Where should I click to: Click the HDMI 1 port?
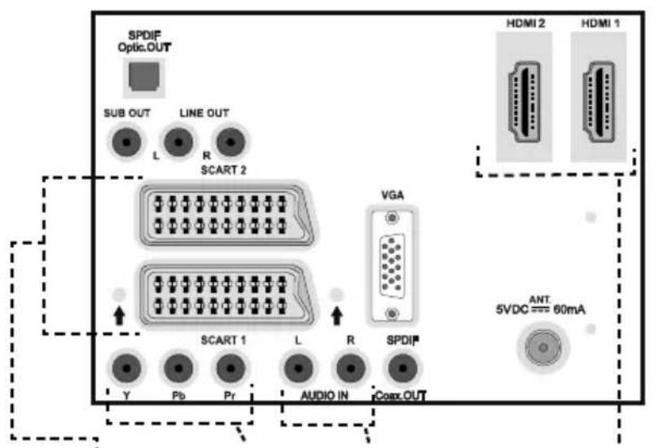[599, 102]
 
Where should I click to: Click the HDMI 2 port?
[525, 102]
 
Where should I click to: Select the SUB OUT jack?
[126, 143]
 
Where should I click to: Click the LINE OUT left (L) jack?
[178, 143]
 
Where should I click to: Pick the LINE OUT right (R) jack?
[231, 143]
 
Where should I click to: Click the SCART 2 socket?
[226, 214]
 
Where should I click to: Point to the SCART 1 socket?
[226, 295]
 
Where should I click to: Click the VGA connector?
[392, 266]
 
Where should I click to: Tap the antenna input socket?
[543, 348]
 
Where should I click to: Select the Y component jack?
[126, 368]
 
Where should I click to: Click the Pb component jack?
[178, 368]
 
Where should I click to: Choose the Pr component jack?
[231, 368]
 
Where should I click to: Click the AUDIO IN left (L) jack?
[299, 368]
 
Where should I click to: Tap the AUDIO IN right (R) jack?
[350, 368]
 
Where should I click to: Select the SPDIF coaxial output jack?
[402, 368]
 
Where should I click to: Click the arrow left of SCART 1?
[119, 315]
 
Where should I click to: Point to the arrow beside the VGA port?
[336, 315]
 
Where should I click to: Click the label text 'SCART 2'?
[223, 170]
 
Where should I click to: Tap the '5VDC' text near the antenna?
[512, 310]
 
